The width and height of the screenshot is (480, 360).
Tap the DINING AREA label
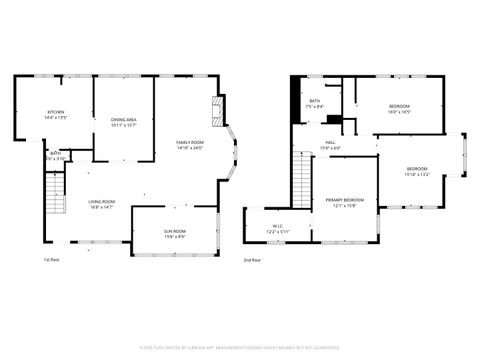tap(124, 122)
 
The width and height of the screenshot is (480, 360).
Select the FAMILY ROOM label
tap(190, 146)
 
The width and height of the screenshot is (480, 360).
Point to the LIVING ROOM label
tap(101, 204)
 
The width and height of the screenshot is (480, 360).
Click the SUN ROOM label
tap(175, 234)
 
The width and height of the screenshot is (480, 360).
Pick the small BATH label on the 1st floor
tap(56, 156)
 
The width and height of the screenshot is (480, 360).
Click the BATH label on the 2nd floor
tap(315, 104)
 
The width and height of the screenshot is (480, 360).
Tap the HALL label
tap(330, 146)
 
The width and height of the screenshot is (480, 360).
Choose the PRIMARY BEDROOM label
tap(344, 203)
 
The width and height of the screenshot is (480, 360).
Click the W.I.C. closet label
tap(279, 228)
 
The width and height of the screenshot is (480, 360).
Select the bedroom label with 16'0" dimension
tap(399, 110)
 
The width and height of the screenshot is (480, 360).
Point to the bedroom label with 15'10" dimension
tap(417, 171)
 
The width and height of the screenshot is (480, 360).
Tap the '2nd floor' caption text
tap(254, 260)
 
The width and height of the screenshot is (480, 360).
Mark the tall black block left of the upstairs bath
tap(294, 100)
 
